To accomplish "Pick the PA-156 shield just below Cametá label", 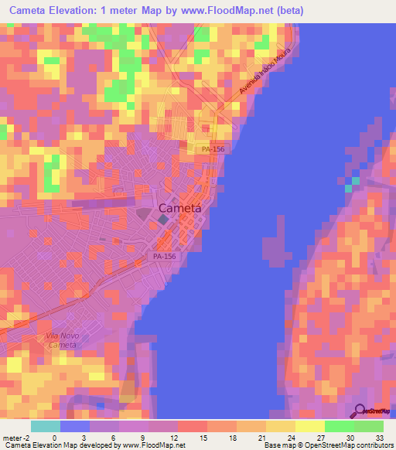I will coord(163,256).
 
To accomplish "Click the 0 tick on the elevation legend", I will coord(54,437).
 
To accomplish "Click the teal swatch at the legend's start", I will coord(45,426).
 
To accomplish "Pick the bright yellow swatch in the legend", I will coord(309,426).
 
